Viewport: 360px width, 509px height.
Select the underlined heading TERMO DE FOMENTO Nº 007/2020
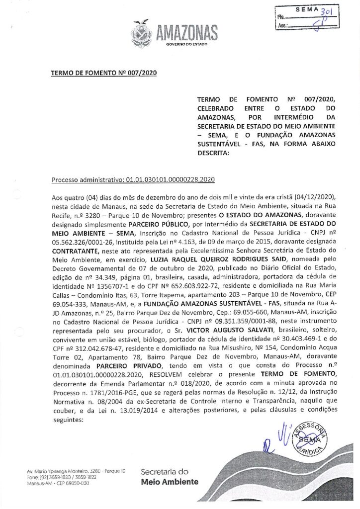(104, 74)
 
